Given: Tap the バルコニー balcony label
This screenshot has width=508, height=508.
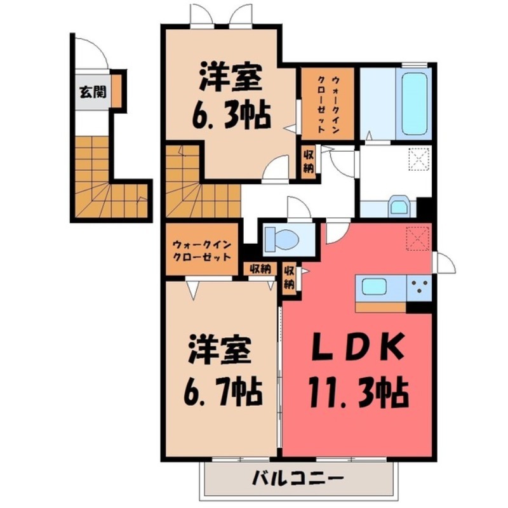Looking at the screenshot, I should point(297,476).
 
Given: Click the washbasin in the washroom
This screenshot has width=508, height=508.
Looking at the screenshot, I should point(399,206).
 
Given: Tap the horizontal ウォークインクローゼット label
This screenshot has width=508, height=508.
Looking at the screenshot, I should point(201,249).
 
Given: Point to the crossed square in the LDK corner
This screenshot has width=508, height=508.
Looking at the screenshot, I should point(418,239).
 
